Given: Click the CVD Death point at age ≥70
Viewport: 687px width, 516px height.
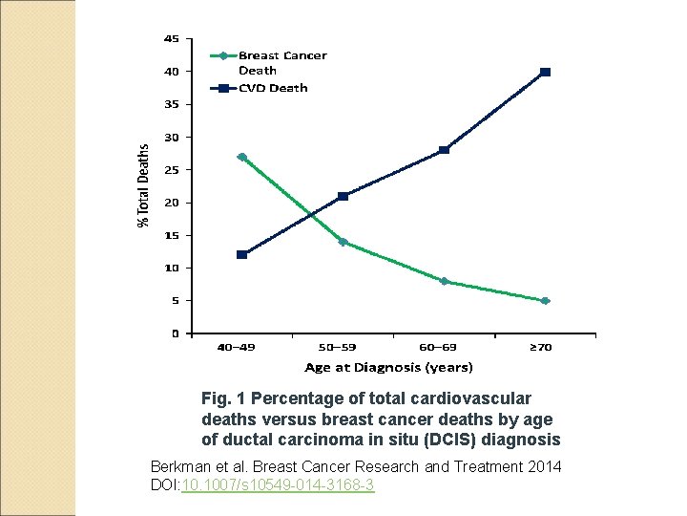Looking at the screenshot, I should pos(545,72).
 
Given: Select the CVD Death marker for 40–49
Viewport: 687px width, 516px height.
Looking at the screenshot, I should pos(242,254).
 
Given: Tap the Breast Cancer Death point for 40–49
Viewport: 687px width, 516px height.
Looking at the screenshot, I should pos(242,157).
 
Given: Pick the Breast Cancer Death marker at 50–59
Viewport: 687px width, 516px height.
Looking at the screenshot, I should pos(343,242).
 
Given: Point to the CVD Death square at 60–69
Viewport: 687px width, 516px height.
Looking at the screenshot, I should pos(445,150).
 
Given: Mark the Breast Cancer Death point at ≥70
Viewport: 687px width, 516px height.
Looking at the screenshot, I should pos(545,301).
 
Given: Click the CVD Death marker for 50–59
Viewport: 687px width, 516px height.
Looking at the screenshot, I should pos(343,196).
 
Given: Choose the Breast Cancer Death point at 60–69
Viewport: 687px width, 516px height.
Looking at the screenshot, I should pos(445,281).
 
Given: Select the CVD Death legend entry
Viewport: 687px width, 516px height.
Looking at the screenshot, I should pos(272,88).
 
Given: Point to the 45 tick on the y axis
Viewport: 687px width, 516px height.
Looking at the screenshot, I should pos(172,39).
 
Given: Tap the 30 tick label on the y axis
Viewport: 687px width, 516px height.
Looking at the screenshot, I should pos(172,138).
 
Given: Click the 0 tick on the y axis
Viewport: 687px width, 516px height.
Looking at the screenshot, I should pos(175,333).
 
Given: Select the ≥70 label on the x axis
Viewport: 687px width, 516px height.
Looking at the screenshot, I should pos(541,348).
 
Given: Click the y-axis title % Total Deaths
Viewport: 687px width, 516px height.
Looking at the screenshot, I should pos(144,185).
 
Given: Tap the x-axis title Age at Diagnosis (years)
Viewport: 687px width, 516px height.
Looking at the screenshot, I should pos(388,367).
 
